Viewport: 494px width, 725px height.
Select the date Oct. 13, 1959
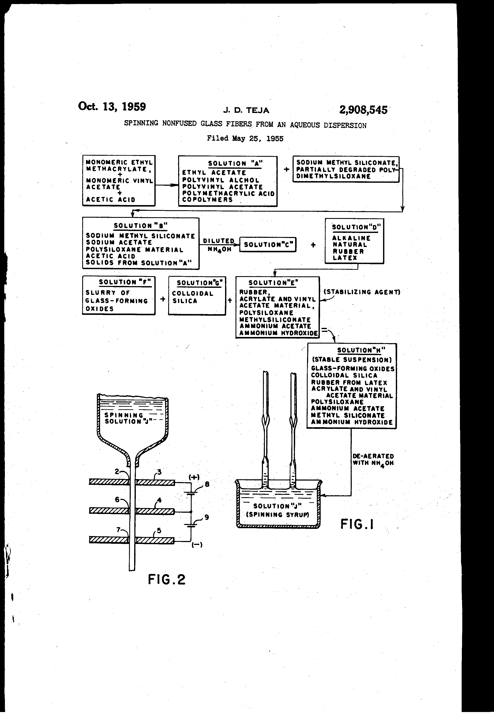112,107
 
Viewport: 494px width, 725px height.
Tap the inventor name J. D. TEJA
246,110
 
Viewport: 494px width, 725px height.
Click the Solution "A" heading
235,163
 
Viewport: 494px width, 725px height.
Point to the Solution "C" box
268,245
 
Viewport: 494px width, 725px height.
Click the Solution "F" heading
125,282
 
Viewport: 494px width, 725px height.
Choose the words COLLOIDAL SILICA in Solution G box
192,297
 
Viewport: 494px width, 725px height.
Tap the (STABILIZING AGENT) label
362,292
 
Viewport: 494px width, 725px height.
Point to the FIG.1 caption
357,524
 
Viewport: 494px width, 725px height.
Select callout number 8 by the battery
207,484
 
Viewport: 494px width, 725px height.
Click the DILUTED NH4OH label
219,245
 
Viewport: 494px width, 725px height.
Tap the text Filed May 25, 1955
245,138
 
